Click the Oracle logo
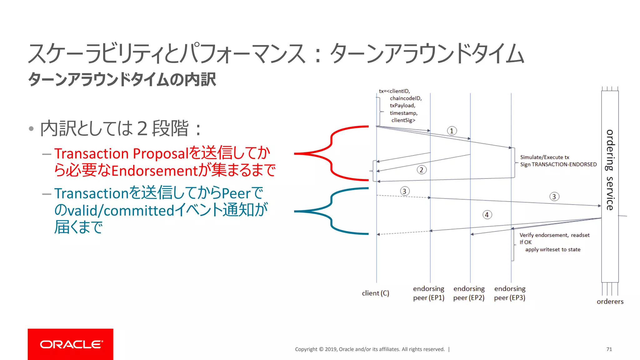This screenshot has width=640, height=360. click(x=71, y=344)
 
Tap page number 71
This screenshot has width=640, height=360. click(x=609, y=349)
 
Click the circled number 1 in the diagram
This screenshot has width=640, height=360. click(x=452, y=131)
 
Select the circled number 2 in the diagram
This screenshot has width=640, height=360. click(x=421, y=170)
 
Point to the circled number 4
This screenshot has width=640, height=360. click(x=487, y=215)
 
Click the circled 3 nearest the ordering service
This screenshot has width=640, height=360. click(x=554, y=197)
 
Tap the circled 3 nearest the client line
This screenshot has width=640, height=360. click(x=404, y=191)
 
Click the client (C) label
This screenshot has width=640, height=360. click(x=375, y=293)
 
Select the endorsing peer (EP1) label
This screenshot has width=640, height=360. click(x=428, y=293)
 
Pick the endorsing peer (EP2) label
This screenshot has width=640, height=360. click(x=469, y=293)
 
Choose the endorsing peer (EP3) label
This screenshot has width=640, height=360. click(x=510, y=293)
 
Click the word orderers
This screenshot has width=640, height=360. click(x=610, y=302)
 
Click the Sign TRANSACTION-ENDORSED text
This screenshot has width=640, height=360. click(x=558, y=164)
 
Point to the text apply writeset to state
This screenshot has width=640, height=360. click(x=552, y=249)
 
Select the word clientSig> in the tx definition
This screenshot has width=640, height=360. click(x=403, y=120)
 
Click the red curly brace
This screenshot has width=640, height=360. click(x=331, y=153)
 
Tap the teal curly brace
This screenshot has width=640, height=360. click(x=331, y=211)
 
